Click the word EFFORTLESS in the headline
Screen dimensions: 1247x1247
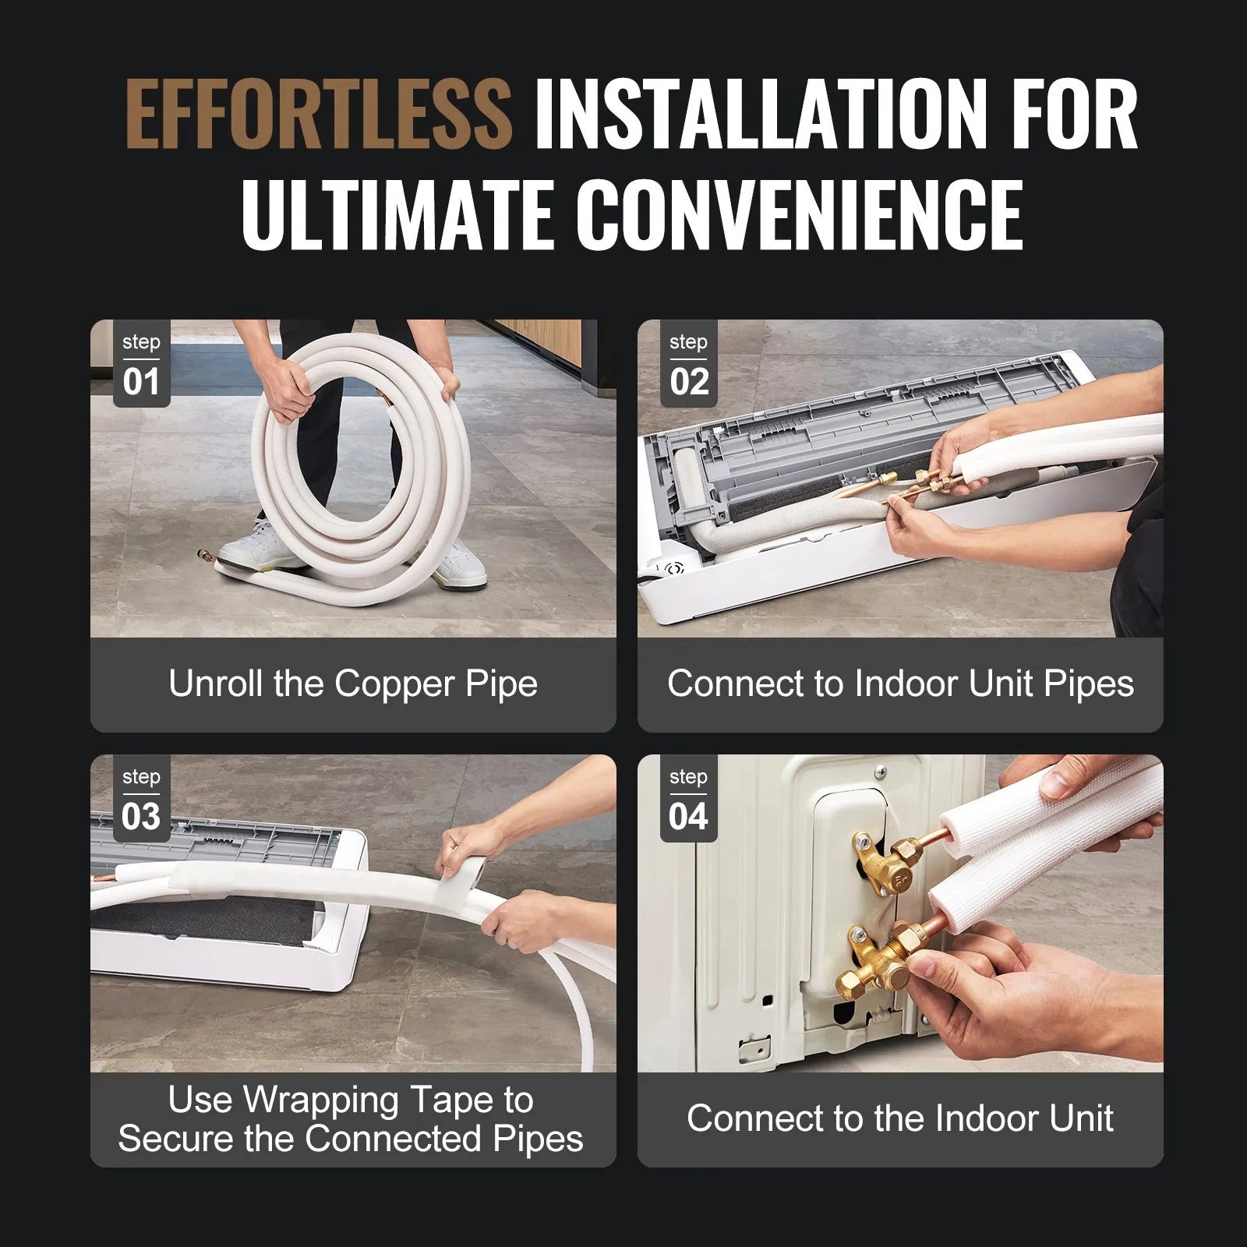[318, 115]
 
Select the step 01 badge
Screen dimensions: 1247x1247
[141, 365]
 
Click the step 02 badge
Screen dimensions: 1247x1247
[688, 365]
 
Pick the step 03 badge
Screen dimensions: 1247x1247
[141, 800]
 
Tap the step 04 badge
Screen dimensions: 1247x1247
[688, 800]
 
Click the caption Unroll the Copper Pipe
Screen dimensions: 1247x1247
[353, 684]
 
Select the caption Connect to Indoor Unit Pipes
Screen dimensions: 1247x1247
[900, 684]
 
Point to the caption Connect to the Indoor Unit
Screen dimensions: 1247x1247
[900, 1118]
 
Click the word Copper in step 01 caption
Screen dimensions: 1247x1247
[395, 684]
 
